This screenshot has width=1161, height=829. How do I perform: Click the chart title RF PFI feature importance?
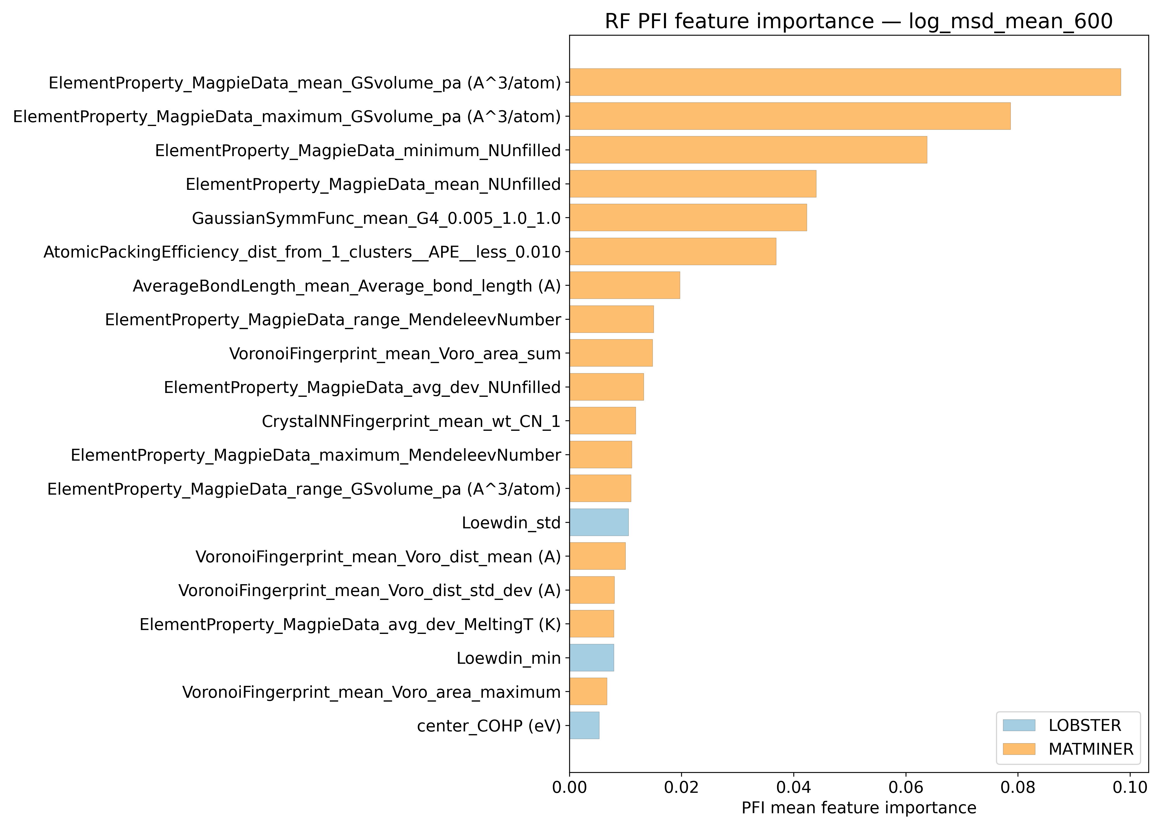tap(858, 22)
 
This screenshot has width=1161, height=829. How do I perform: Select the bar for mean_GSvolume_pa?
tap(845, 82)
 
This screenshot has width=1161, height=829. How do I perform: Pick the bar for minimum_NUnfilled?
tap(748, 150)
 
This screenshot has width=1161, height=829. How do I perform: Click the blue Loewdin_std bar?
tap(599, 522)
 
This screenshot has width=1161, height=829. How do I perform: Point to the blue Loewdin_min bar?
tap(592, 657)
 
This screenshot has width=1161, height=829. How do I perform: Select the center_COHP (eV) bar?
tap(585, 725)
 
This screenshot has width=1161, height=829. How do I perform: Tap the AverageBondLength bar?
tap(624, 285)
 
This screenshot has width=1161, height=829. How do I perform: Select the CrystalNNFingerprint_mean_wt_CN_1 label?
tap(411, 421)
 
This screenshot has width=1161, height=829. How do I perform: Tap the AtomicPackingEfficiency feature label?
tap(302, 252)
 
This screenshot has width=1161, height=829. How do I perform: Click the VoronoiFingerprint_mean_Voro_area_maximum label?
tap(371, 692)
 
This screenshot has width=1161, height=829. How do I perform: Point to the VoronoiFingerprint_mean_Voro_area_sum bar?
tap(611, 353)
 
